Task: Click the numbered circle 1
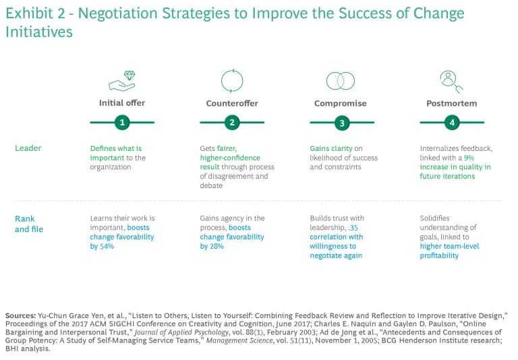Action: [x=122, y=123]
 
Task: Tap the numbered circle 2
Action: [x=232, y=123]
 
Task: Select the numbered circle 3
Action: [x=342, y=123]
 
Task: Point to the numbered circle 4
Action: [x=452, y=123]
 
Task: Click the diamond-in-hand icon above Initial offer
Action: [x=122, y=81]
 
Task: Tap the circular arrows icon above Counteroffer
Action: [x=232, y=81]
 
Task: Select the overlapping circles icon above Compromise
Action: [x=341, y=81]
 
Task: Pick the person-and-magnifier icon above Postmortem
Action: [x=450, y=81]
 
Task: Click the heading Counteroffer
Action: [x=232, y=103]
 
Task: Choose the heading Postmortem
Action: [x=452, y=103]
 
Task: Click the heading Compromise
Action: [x=341, y=103]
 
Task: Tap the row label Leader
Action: [x=28, y=148]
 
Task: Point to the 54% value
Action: [x=107, y=246]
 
